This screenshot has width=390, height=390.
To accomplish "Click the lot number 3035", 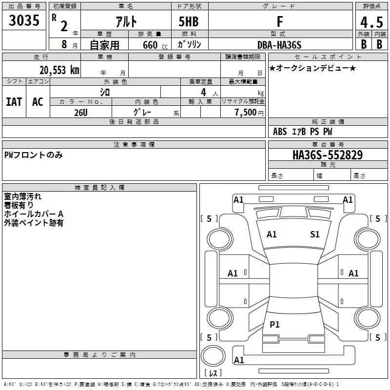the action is coord(24,22).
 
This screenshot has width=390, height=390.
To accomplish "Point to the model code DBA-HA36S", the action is coord(279,45).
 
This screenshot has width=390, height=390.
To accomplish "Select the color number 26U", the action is coord(81,112).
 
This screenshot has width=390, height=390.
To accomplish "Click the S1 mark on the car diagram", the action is coord(315,234).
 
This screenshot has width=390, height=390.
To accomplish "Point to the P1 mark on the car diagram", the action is coord(274,325).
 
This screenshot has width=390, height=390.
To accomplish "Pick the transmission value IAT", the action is coord(14,102).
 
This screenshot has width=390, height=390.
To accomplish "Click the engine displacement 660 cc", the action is coord(148,45).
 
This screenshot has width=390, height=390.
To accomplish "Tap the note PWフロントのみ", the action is coord(33,155).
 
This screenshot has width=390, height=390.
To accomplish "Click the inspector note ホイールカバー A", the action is coord(34,214).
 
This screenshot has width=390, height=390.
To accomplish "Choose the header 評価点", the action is coord(370,6).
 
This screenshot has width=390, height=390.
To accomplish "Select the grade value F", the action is coord(279,22).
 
